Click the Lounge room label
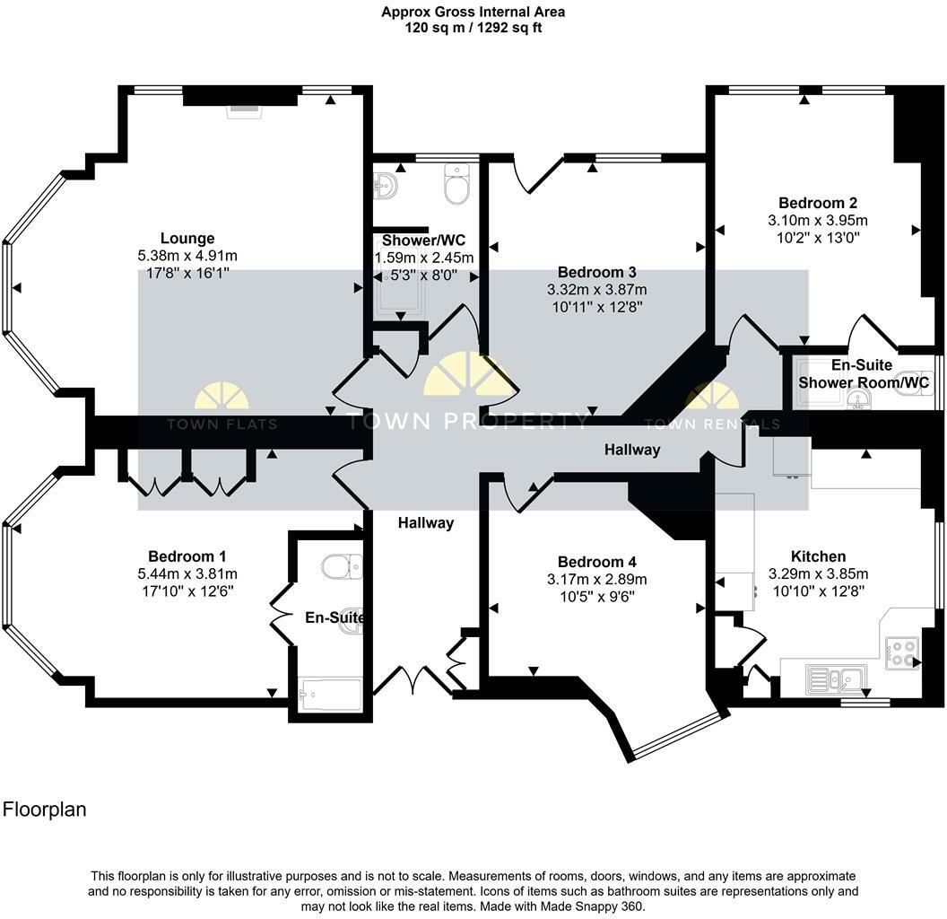click(187, 239)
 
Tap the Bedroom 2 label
click(812, 203)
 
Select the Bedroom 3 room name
click(596, 272)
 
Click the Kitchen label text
click(818, 556)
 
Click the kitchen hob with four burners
click(901, 652)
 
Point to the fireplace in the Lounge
click(242, 109)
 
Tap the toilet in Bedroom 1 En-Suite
click(342, 566)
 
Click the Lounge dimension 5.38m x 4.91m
click(187, 256)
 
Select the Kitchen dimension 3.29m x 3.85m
click(818, 573)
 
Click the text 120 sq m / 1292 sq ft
click(473, 28)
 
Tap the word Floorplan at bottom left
click(45, 810)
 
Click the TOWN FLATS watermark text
click(235, 424)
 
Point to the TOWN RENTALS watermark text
click(712, 424)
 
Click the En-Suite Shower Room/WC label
click(863, 375)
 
